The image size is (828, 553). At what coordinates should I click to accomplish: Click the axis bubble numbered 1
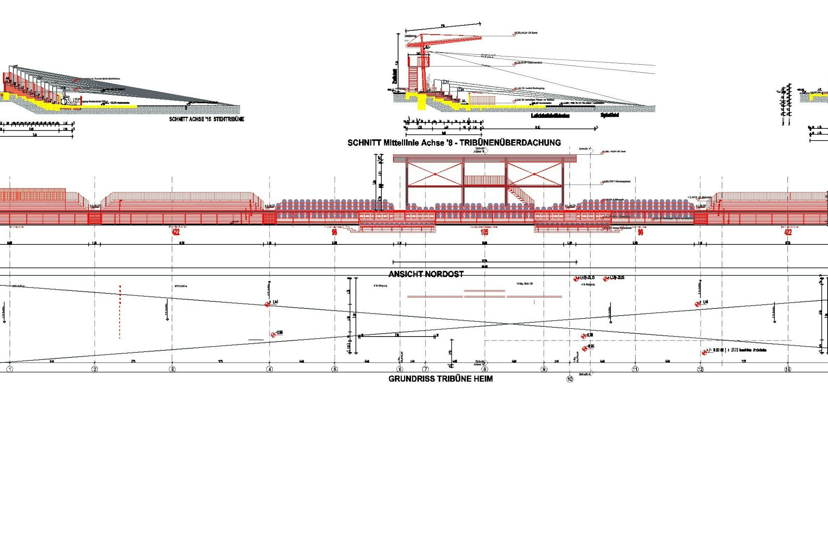click(x=10, y=369)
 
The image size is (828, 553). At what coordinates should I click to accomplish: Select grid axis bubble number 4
click(x=270, y=369)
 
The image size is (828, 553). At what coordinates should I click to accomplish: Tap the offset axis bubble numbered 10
click(x=569, y=379)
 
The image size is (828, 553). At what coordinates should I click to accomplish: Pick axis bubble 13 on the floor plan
click(x=787, y=369)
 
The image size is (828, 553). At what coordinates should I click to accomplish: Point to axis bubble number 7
click(x=425, y=369)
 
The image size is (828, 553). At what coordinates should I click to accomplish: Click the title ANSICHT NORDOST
click(x=426, y=274)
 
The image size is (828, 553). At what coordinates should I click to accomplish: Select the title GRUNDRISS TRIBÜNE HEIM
click(x=440, y=379)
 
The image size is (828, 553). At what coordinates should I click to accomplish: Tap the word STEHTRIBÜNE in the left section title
click(x=229, y=119)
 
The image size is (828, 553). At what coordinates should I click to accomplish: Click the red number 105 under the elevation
click(x=484, y=232)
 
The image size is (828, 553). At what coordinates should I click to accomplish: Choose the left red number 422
click(x=176, y=232)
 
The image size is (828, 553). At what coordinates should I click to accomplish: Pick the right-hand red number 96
click(x=640, y=232)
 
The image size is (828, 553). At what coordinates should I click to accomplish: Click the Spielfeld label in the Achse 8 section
click(x=610, y=115)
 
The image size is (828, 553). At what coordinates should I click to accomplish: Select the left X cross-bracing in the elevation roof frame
click(x=435, y=174)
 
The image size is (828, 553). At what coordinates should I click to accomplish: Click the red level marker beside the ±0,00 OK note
click(x=704, y=352)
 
